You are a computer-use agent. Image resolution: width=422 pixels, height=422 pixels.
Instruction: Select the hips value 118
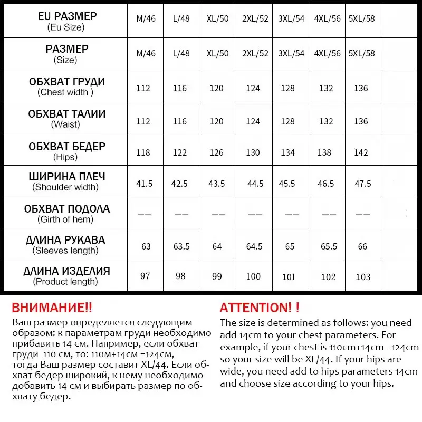(x=143, y=152)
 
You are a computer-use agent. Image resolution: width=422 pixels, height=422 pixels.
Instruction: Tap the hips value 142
(x=361, y=152)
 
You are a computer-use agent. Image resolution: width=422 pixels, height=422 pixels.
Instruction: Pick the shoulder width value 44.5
(x=255, y=184)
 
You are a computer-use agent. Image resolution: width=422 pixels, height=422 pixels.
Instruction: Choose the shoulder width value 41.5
(x=144, y=184)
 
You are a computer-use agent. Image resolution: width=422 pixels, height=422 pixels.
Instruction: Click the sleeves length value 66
(x=361, y=246)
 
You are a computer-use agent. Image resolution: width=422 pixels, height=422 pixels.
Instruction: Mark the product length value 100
(x=253, y=276)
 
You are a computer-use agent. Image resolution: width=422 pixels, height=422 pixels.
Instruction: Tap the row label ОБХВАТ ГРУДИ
(x=66, y=82)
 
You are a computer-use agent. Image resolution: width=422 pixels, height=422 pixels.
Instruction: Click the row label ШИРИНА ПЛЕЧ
(x=66, y=177)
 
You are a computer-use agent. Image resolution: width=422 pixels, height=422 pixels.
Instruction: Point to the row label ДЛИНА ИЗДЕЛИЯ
(x=66, y=271)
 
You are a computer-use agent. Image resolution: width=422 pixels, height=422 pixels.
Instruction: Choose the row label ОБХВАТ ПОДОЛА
(x=66, y=208)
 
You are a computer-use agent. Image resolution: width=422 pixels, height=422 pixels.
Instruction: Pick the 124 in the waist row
(x=253, y=121)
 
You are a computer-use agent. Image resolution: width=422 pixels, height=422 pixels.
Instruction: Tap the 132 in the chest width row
(x=327, y=88)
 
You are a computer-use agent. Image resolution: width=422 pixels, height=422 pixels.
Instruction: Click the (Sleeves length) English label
(x=66, y=251)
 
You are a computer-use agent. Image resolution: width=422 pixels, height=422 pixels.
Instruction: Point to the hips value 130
(x=253, y=152)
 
